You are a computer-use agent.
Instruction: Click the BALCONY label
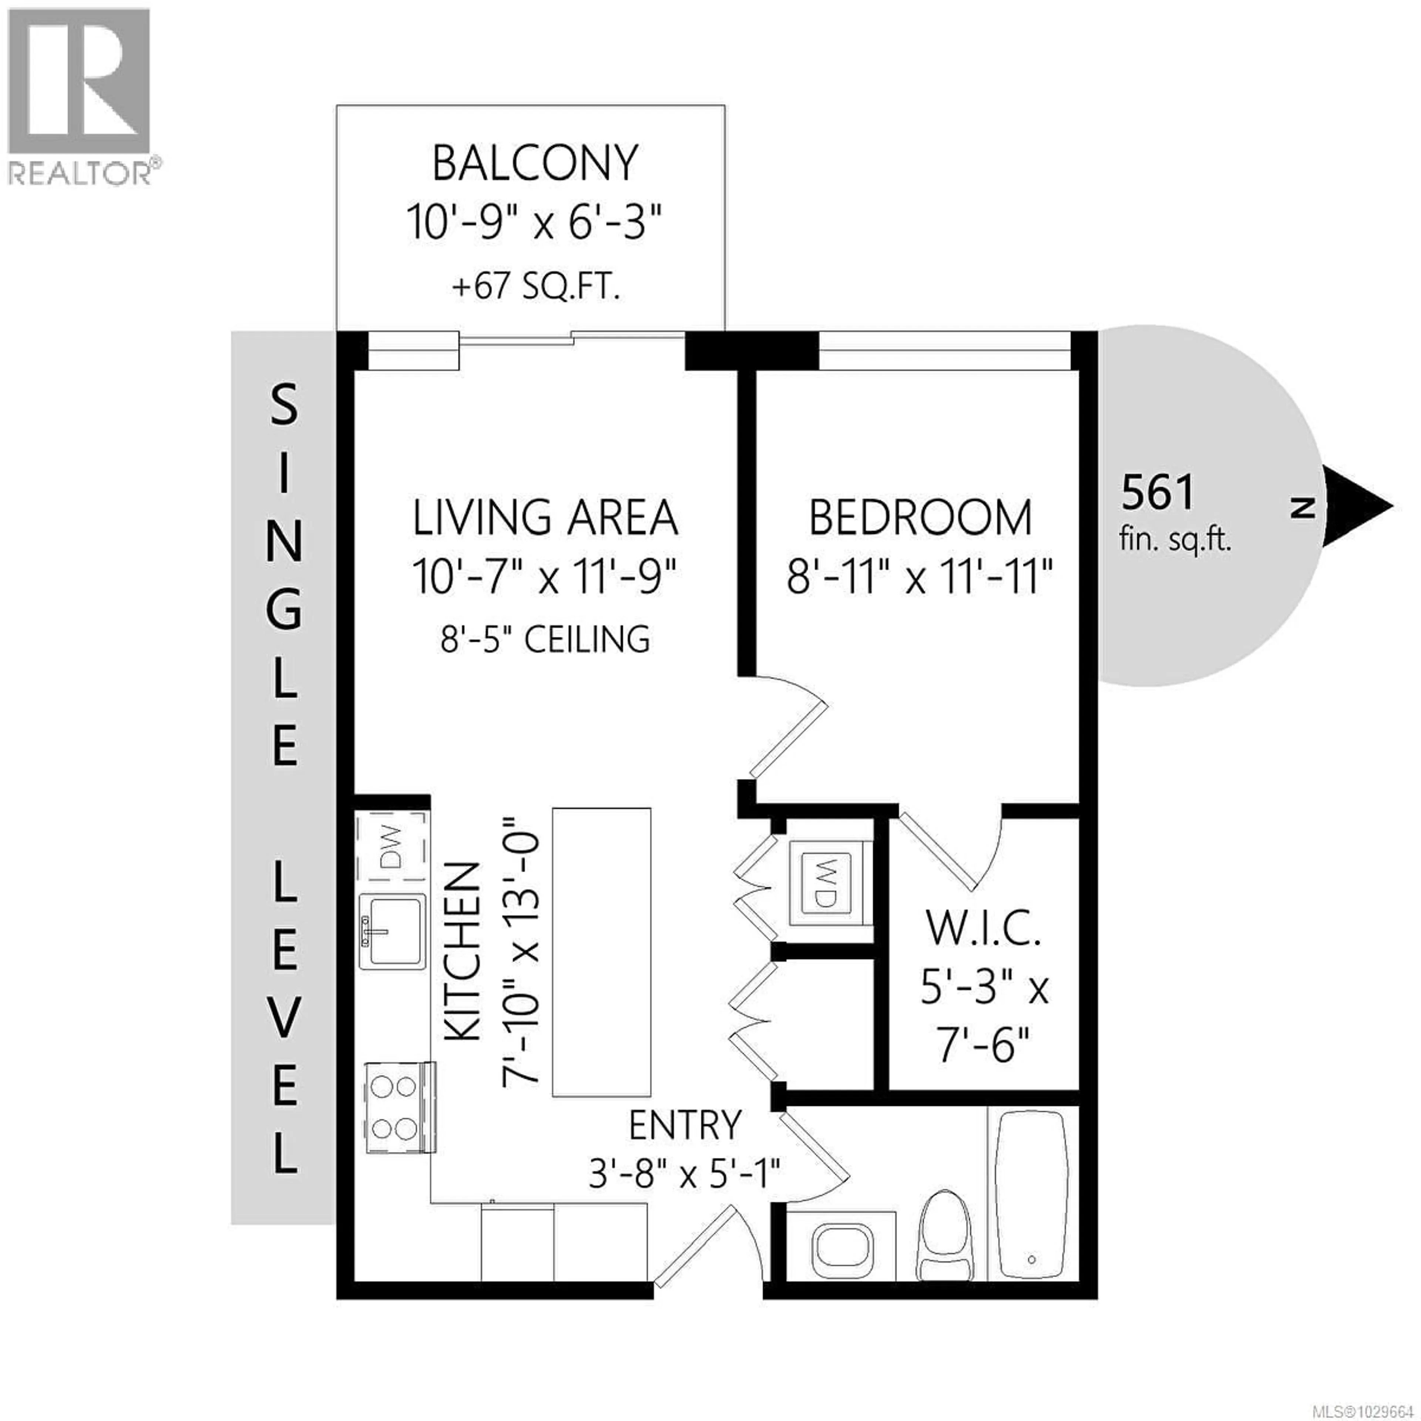(535, 163)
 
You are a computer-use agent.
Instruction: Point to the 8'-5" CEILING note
(545, 640)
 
